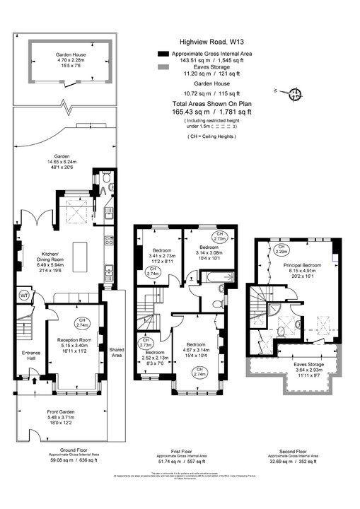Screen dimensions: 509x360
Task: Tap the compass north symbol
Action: point(296,93)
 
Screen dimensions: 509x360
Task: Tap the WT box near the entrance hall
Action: point(23,295)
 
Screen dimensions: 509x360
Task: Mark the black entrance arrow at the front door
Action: point(34,382)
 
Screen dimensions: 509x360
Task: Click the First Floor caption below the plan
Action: point(180,449)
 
